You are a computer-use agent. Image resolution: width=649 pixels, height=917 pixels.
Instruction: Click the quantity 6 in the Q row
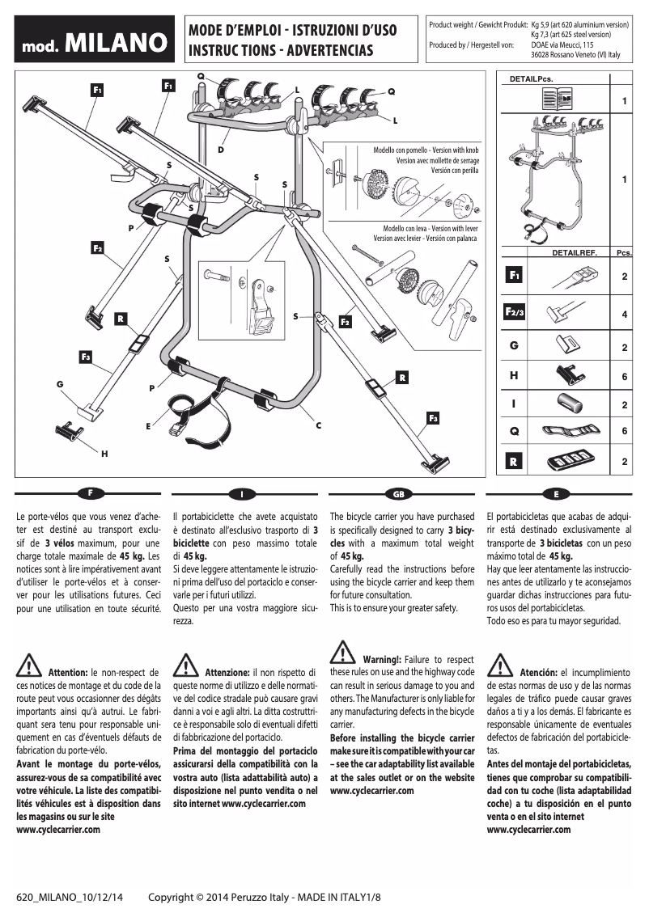pyautogui.click(x=624, y=432)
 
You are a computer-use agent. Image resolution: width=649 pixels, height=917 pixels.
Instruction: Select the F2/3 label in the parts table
pyautogui.click(x=514, y=312)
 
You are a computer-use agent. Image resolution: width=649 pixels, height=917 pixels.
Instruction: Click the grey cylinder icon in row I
pyautogui.click(x=564, y=403)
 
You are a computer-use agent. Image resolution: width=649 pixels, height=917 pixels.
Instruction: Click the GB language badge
pyautogui.click(x=397, y=492)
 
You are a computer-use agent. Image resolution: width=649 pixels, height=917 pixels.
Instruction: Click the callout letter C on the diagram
pyautogui.click(x=319, y=425)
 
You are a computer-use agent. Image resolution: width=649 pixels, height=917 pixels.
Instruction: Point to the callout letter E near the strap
pyautogui.click(x=148, y=425)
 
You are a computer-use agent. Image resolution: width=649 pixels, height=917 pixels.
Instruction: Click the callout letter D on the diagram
pyautogui.click(x=220, y=150)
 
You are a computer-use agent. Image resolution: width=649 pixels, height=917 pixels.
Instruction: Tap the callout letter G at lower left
pyautogui.click(x=59, y=383)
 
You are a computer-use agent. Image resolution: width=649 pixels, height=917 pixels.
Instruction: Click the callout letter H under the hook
pyautogui.click(x=104, y=454)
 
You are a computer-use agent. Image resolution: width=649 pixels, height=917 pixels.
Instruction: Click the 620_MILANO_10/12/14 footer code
pyautogui.click(x=70, y=898)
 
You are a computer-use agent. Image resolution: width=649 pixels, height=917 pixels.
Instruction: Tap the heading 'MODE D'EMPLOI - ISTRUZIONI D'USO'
pyautogui.click(x=292, y=32)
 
